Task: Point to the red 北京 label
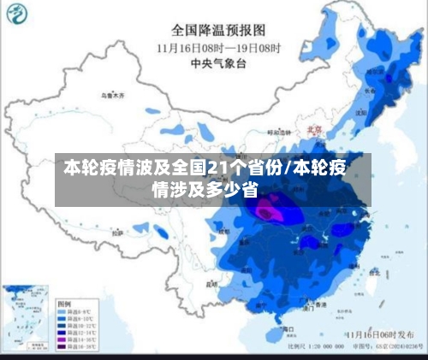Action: coord(314,130)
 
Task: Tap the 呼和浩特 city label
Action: coord(280,133)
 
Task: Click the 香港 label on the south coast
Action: coord(321,304)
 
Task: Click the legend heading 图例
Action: coord(64,304)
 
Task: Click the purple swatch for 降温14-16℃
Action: coord(62,339)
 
